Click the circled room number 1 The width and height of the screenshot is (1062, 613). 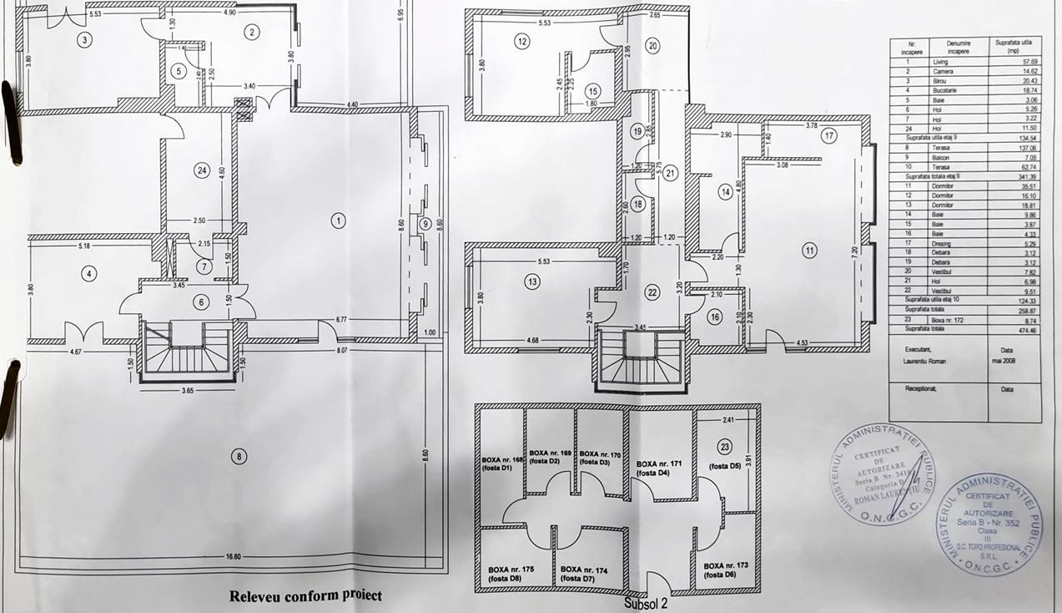[338, 220]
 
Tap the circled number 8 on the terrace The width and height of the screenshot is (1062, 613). [240, 456]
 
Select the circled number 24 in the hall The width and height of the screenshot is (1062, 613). [200, 170]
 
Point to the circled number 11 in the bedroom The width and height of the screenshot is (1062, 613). [808, 250]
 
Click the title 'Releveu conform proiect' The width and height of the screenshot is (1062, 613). [305, 595]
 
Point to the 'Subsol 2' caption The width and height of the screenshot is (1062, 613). [646, 600]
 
